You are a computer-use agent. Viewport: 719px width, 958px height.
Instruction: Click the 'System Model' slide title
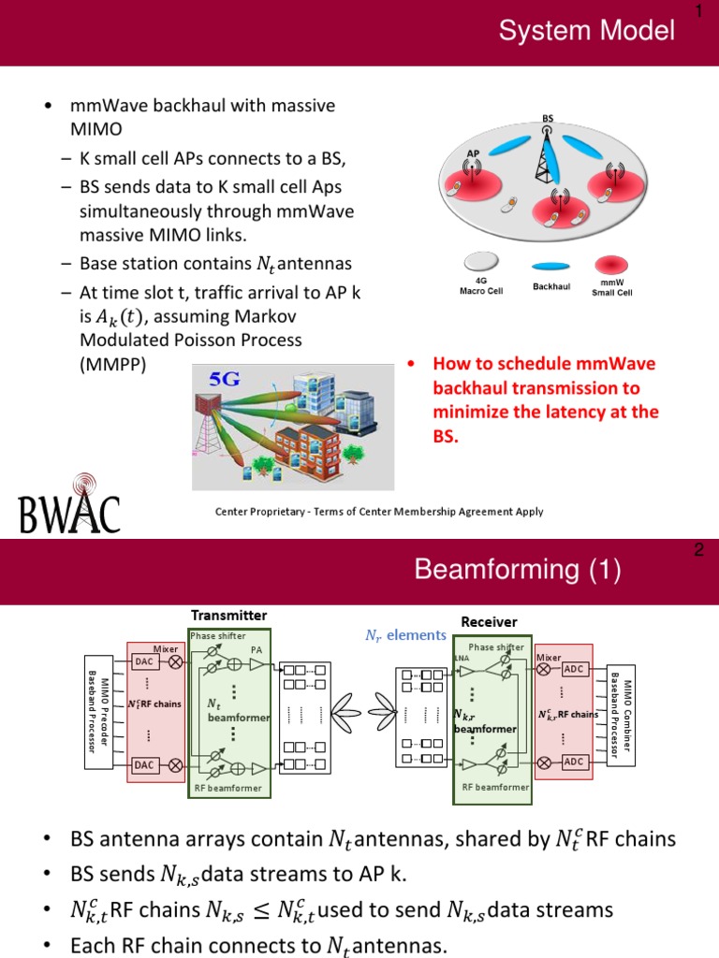(x=586, y=31)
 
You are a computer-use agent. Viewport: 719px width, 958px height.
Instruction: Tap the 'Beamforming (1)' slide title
(x=517, y=569)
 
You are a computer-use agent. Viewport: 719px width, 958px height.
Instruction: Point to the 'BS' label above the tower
(x=548, y=119)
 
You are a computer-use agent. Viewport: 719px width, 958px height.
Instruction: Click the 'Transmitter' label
(x=229, y=615)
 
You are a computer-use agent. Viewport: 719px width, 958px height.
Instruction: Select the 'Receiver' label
(x=489, y=621)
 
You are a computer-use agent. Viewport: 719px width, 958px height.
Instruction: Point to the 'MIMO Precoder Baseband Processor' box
(x=98, y=711)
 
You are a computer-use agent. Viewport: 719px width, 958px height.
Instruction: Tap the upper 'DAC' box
(x=143, y=661)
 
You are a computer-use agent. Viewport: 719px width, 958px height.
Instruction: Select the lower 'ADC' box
(x=574, y=762)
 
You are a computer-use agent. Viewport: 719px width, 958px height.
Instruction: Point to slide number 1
(x=698, y=11)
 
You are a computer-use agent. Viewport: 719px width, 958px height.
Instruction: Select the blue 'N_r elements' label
(x=404, y=635)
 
